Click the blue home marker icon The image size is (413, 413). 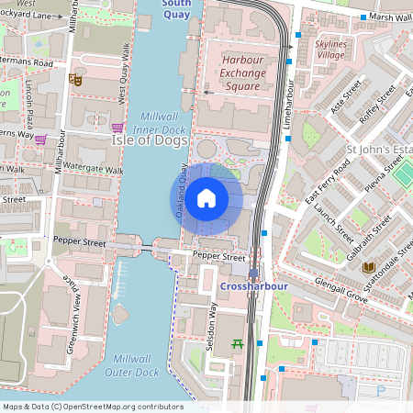point(206,198)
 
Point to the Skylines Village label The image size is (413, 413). point(330,50)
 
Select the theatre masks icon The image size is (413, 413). point(76,81)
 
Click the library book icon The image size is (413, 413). point(369,268)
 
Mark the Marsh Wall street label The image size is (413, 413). point(392,17)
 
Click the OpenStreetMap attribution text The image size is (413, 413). point(93,407)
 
